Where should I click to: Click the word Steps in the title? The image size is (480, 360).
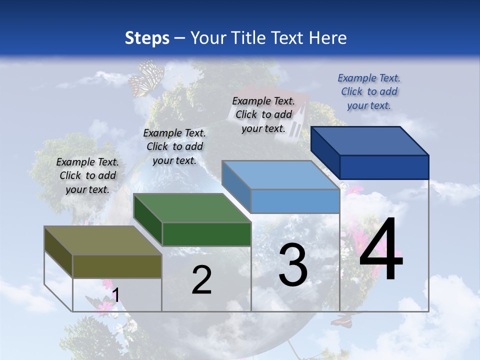point(147,38)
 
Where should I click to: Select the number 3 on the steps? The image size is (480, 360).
point(293,264)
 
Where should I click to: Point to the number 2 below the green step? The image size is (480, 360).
point(201,279)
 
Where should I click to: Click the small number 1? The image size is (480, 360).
point(115,295)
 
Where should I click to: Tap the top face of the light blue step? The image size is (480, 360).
point(280,175)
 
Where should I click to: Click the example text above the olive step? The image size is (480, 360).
point(87,175)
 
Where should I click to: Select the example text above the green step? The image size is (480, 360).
point(174,146)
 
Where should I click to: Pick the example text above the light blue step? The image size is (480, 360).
point(263,114)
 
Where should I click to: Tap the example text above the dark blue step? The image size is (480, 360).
point(369,91)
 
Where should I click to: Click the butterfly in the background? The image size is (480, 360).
point(146,78)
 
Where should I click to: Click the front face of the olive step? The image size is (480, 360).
point(117,266)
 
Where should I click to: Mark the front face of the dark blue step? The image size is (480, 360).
point(384,167)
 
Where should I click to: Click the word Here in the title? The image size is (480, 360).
point(328,38)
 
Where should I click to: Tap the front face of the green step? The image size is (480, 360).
point(206,234)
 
